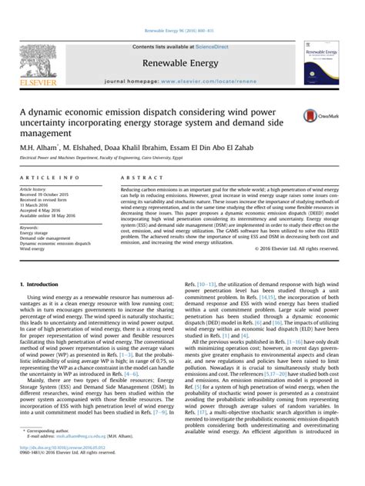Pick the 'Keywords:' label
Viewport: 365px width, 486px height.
click(x=29, y=250)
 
